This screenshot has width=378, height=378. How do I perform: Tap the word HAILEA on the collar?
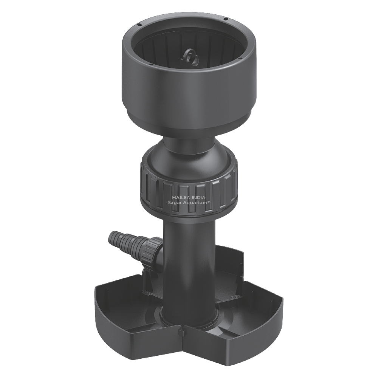click(180, 197)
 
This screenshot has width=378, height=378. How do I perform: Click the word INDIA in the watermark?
click(197, 197)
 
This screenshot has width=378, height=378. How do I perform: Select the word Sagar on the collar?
click(175, 203)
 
